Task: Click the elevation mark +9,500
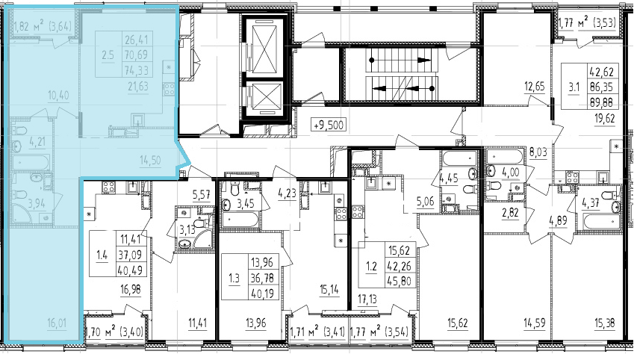(329, 125)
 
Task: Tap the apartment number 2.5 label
(108, 55)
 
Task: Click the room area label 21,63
(138, 86)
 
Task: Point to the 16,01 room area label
(57, 323)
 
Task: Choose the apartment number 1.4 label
(102, 255)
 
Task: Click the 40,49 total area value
(130, 270)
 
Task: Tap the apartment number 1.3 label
(234, 278)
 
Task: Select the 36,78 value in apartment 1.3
(263, 278)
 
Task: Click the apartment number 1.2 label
(371, 266)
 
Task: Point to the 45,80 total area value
(400, 281)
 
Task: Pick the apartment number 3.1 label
(574, 87)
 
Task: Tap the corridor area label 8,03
(538, 152)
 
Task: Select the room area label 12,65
(534, 87)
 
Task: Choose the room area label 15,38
(604, 323)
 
